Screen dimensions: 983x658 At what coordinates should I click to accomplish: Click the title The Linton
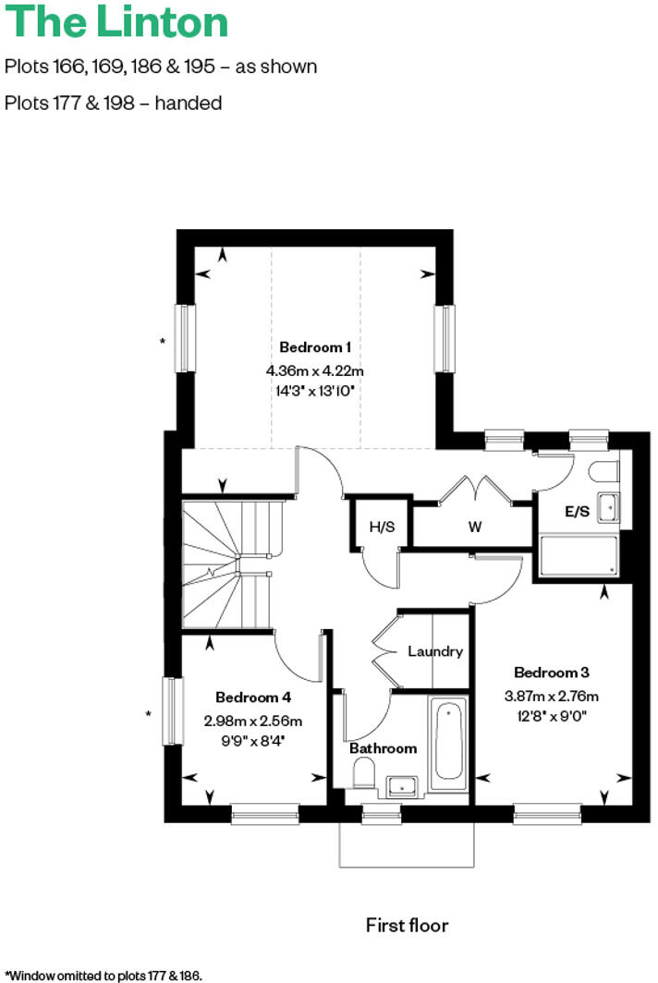point(116,21)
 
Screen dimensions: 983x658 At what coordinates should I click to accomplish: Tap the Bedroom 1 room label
point(315,347)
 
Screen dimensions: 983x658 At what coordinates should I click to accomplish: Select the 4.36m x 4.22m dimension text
point(315,370)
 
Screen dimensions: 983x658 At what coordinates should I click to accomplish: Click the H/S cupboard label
point(381,528)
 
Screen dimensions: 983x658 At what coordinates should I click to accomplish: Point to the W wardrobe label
point(475,528)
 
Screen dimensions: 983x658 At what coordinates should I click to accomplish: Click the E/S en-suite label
point(577,510)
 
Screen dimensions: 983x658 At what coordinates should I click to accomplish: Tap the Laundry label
point(434,651)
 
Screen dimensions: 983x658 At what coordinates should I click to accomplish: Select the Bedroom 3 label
point(552,673)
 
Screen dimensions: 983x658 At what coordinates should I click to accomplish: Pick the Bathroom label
point(383,747)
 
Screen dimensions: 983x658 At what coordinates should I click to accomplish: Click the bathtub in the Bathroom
point(448,739)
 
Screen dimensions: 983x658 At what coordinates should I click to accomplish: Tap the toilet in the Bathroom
point(363,772)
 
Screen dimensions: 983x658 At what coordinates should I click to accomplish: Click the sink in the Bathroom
point(403,785)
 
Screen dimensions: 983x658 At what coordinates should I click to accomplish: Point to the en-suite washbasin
point(609,506)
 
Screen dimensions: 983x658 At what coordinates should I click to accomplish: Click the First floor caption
point(407,925)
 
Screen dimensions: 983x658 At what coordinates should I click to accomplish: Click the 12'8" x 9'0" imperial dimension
point(552,715)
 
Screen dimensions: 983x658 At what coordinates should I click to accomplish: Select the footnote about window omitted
point(103,975)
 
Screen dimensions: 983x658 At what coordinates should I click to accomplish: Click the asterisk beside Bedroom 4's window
point(149,713)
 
